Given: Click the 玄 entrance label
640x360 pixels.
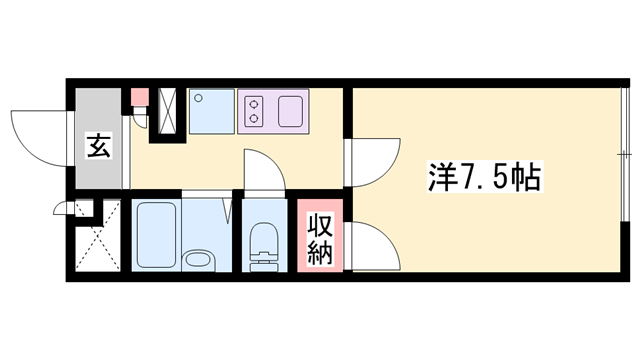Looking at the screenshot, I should [99, 148].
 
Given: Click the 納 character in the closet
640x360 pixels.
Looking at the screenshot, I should [320, 252].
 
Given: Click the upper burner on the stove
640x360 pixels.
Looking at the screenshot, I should [252, 101].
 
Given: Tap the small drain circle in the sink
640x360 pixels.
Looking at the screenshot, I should [199, 98].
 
